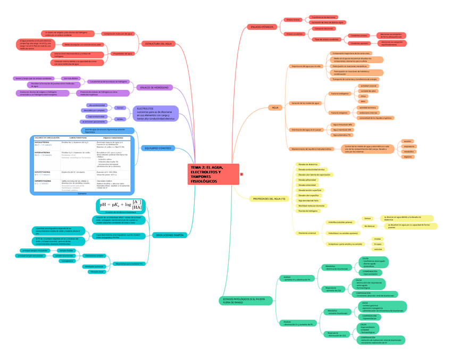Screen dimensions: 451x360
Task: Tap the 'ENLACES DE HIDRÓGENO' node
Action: tap(154, 87)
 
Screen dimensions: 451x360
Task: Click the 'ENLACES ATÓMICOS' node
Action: tap(261, 27)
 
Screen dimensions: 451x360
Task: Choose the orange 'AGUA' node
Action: tap(275, 107)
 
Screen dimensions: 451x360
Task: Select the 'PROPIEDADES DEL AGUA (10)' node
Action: tap(269, 198)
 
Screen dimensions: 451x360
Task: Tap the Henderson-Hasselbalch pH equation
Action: tap(121, 205)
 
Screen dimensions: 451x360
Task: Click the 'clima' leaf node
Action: tap(363, 96)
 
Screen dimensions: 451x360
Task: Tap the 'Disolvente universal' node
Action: tap(307, 233)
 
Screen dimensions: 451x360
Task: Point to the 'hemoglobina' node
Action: tap(68, 261)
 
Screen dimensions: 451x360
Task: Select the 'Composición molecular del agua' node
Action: tap(119, 34)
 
